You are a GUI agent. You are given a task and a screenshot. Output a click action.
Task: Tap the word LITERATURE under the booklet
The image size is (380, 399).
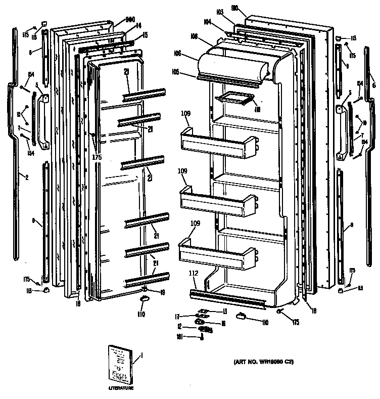click(x=121, y=388)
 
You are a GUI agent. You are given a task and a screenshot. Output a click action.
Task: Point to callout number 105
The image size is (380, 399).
click(x=189, y=72)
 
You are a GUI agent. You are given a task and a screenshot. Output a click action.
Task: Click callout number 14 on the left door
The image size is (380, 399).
click(x=138, y=25)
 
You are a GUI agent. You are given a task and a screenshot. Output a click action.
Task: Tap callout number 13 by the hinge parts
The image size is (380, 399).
click(x=225, y=311)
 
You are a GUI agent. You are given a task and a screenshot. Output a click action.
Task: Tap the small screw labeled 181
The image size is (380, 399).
click(x=202, y=337)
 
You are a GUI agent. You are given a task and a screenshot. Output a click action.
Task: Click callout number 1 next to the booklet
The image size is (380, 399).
click(x=141, y=356)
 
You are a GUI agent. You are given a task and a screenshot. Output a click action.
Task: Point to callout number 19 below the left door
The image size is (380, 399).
click(x=163, y=292)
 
